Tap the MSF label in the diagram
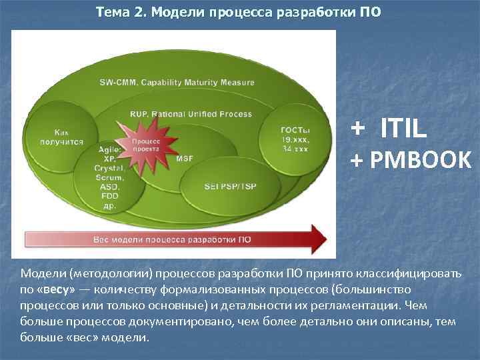pyautogui.click(x=185, y=159)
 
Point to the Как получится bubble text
pyautogui.click(x=62, y=137)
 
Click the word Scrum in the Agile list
pyautogui.click(x=109, y=179)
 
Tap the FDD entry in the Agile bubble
pyautogui.click(x=109, y=197)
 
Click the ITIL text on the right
pyautogui.click(x=403, y=128)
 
